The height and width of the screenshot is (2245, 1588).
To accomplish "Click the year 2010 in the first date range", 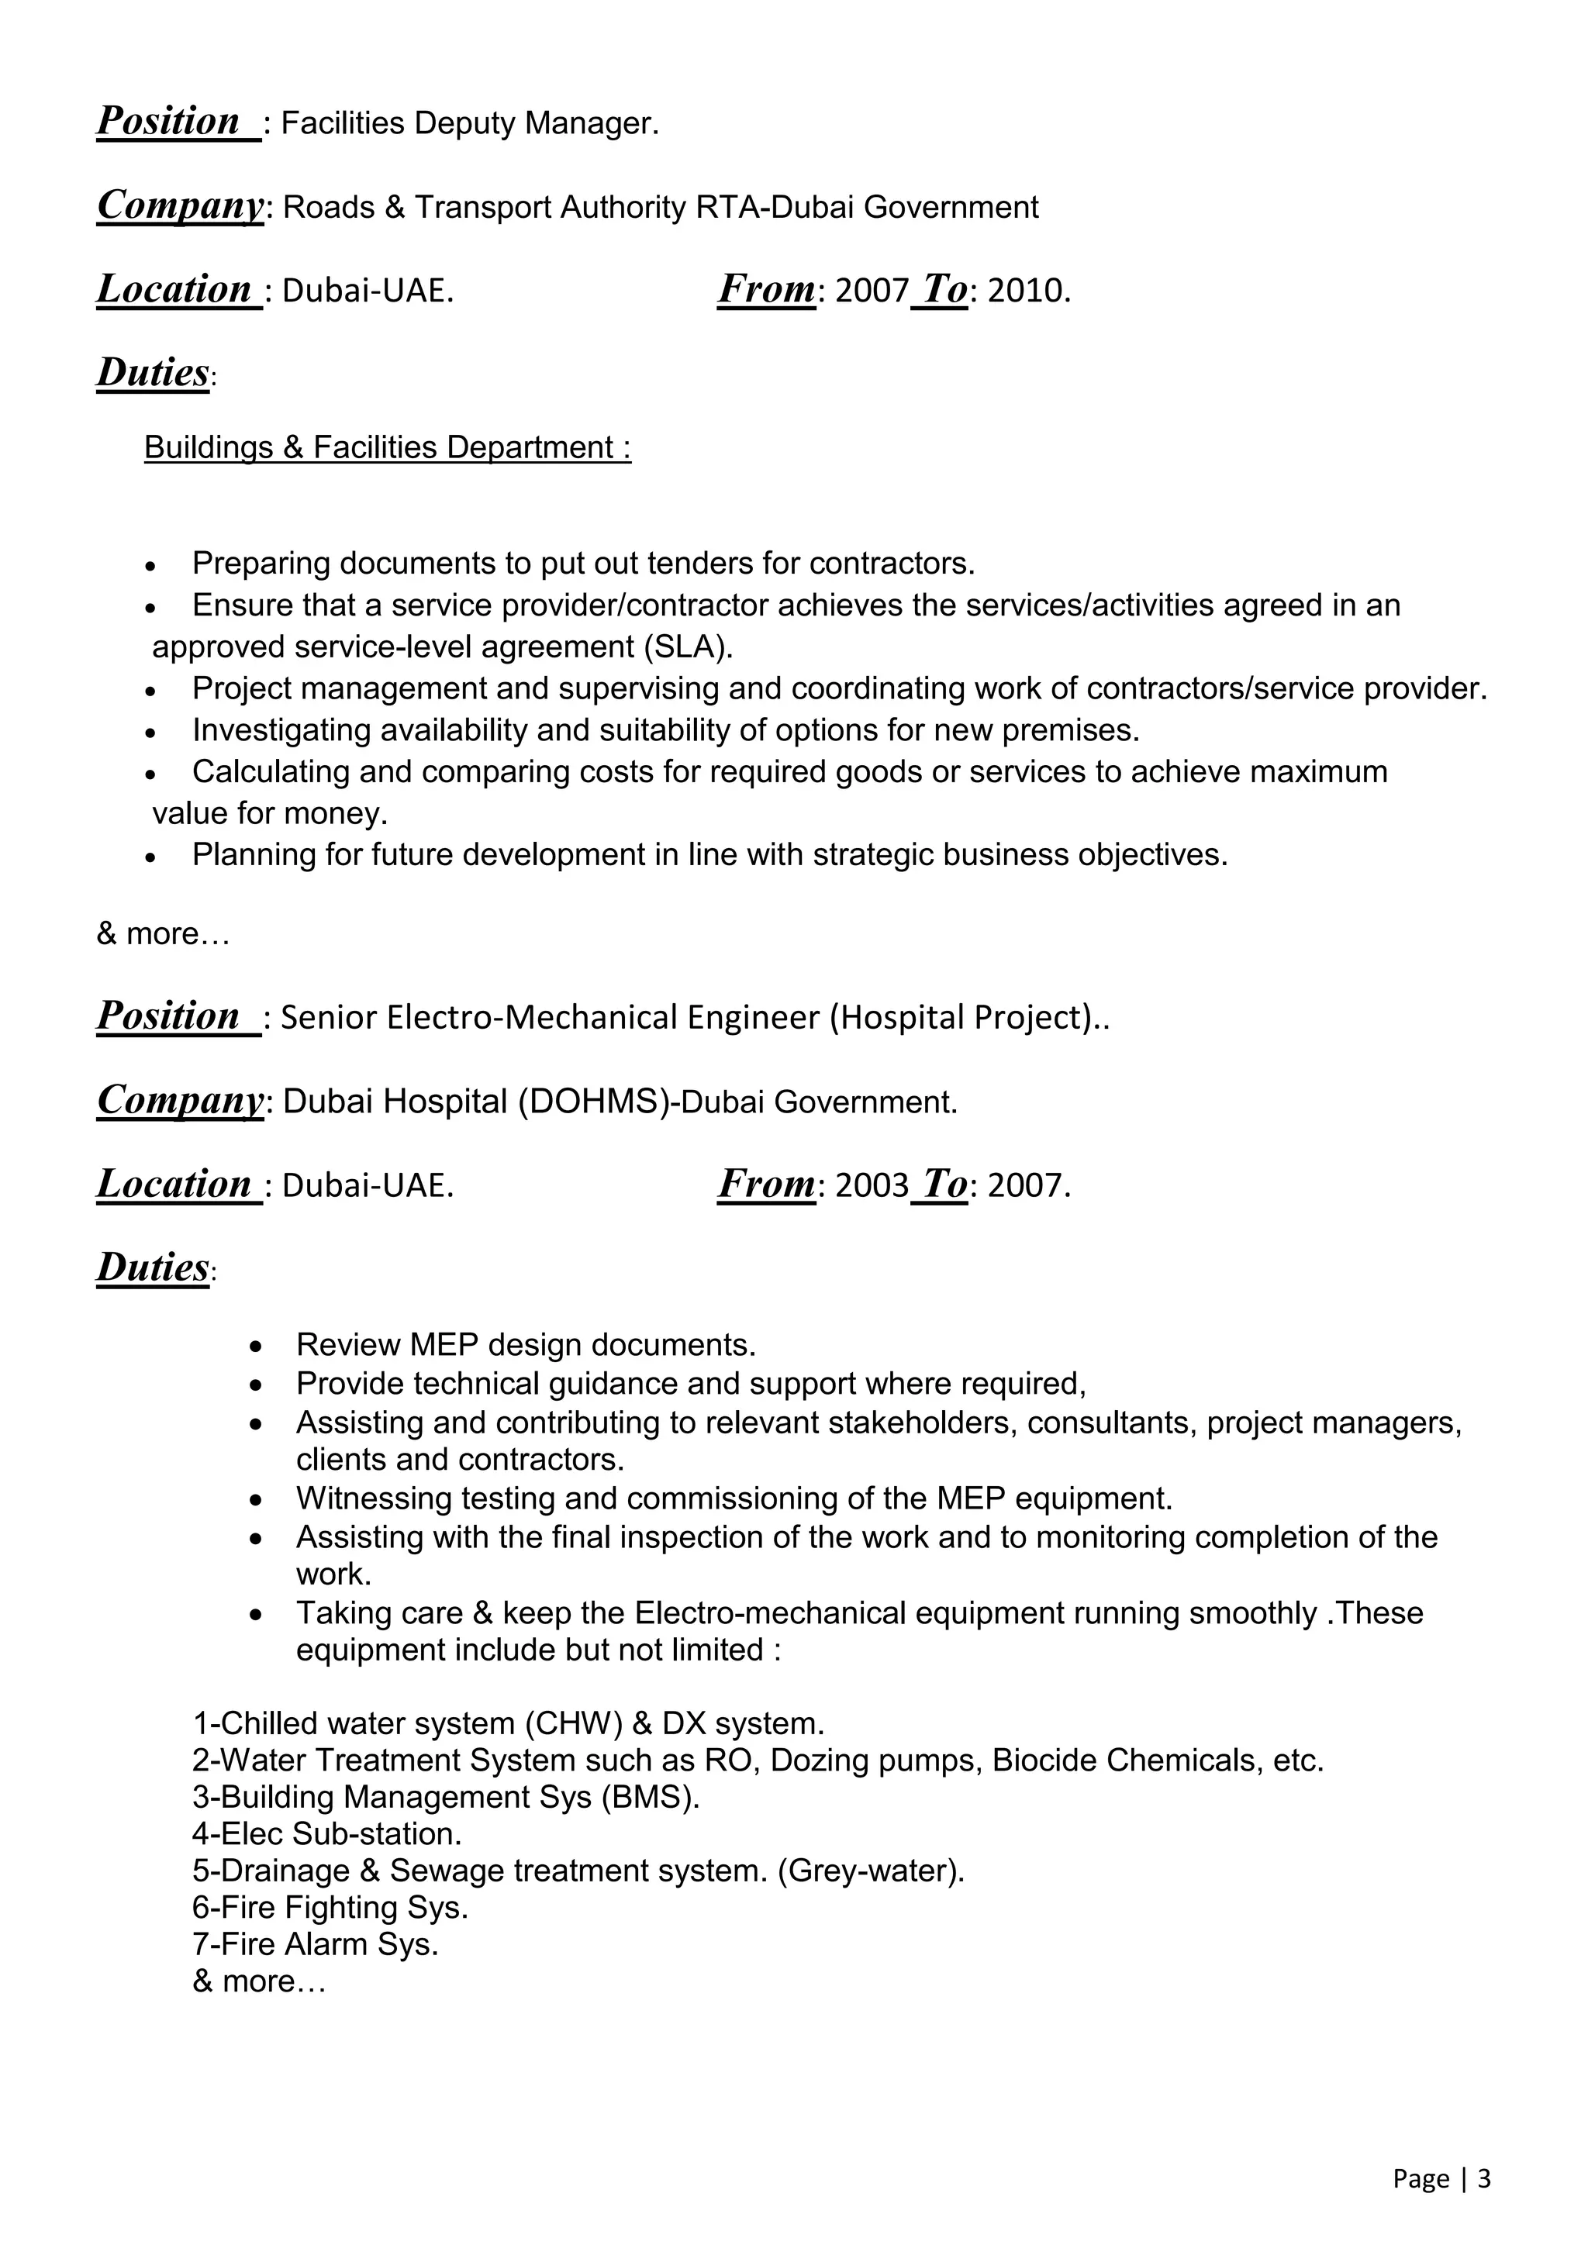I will pyautogui.click(x=1027, y=291).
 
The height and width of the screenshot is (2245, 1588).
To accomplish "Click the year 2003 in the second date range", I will pyautogui.click(x=872, y=1186).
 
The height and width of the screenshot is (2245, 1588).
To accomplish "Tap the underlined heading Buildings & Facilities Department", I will pyautogui.click(x=387, y=448).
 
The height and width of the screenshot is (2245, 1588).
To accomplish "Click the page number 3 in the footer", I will pyautogui.click(x=1483, y=2178).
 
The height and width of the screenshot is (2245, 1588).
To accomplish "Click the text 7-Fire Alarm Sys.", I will pyautogui.click(x=315, y=1944).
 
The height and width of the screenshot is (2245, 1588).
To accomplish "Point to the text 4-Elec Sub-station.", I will pyautogui.click(x=326, y=1833).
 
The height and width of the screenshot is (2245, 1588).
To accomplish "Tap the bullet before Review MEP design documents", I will pyautogui.click(x=255, y=1347).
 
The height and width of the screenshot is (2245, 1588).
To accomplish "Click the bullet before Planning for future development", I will pyautogui.click(x=150, y=857).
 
